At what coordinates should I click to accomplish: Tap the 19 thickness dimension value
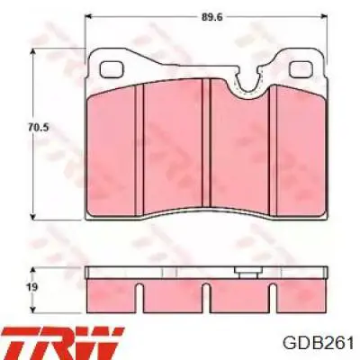tap(32, 287)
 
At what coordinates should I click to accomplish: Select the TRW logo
tap(62, 342)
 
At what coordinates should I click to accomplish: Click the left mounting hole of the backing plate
tap(112, 69)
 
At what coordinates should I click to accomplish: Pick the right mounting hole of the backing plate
tap(301, 69)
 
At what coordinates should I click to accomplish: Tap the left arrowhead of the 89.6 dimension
tap(89, 17)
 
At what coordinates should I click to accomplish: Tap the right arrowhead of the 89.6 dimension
tap(323, 17)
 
